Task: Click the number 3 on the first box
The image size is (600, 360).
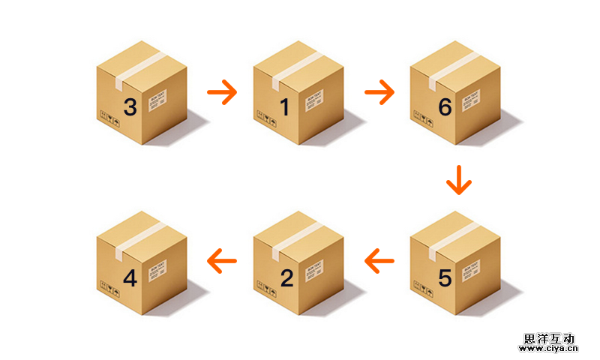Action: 130,107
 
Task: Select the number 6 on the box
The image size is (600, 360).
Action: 445,107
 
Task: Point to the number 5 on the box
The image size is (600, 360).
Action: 445,277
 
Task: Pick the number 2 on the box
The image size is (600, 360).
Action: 286,277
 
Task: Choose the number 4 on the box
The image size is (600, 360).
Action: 130,277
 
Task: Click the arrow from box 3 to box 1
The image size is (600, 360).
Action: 222,92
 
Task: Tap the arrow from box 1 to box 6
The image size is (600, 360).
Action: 379,92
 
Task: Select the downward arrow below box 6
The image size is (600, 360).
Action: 458,180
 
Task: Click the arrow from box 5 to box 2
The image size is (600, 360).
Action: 379,261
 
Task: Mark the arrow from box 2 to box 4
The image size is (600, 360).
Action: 222,261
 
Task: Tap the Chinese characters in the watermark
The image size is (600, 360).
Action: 549,338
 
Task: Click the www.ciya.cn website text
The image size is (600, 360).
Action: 549,348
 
